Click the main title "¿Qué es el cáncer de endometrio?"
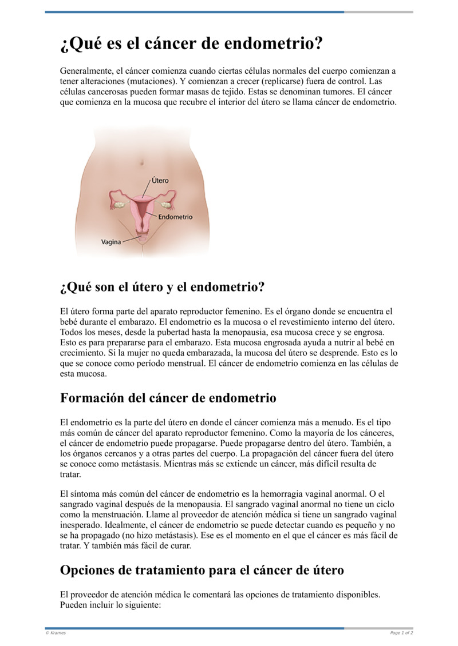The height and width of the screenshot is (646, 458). [191, 44]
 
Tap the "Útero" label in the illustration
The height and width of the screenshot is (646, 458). [160, 180]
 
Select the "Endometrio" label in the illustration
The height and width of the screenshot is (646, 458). [175, 217]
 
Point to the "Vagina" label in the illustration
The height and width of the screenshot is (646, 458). [111, 242]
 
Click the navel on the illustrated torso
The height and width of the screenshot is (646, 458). [140, 164]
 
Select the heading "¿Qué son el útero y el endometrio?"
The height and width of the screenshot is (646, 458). [162, 287]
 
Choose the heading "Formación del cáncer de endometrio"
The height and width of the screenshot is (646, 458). [168, 398]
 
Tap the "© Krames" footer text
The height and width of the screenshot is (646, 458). [56, 633]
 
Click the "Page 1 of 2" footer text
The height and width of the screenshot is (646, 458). [401, 633]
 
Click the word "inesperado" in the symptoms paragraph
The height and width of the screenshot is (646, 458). [81, 525]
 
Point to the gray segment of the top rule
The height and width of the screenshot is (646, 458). [378, 12]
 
